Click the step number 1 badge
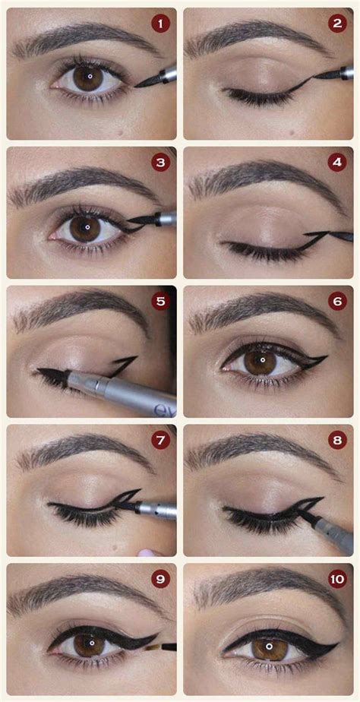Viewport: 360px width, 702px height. point(160,24)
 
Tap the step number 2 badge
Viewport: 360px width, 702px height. point(338,24)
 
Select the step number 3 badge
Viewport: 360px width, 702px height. point(159,163)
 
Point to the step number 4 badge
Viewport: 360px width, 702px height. point(338,163)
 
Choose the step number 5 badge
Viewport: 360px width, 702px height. point(160,302)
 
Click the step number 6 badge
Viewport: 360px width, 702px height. point(338,302)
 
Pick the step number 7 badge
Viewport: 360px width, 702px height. point(160,440)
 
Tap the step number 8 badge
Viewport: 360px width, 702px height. point(338,440)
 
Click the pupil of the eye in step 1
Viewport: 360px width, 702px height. point(89,76)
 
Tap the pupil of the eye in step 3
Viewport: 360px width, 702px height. point(87,226)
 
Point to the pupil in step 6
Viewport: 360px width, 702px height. point(261,359)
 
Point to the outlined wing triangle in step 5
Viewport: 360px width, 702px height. point(123,365)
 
